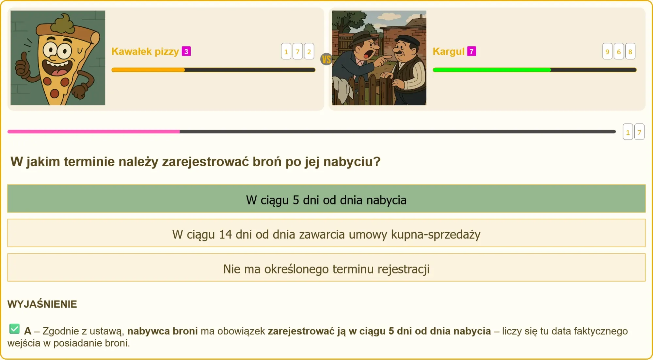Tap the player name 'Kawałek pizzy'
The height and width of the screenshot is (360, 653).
tap(145, 52)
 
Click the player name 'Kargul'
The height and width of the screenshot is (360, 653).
tap(448, 52)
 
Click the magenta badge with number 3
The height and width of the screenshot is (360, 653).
tap(186, 51)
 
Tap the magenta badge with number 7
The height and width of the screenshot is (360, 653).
tap(471, 51)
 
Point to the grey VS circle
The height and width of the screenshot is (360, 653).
tap(326, 59)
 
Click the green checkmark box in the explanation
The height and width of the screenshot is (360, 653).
tap(14, 329)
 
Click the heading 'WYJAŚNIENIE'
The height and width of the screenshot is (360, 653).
tap(42, 304)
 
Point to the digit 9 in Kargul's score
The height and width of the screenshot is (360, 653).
tap(607, 51)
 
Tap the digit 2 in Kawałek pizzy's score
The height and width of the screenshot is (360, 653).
tap(309, 51)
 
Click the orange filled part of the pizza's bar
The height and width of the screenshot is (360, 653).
tap(148, 70)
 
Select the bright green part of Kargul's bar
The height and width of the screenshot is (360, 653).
tap(492, 70)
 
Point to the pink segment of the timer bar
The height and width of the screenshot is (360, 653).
tap(93, 132)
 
